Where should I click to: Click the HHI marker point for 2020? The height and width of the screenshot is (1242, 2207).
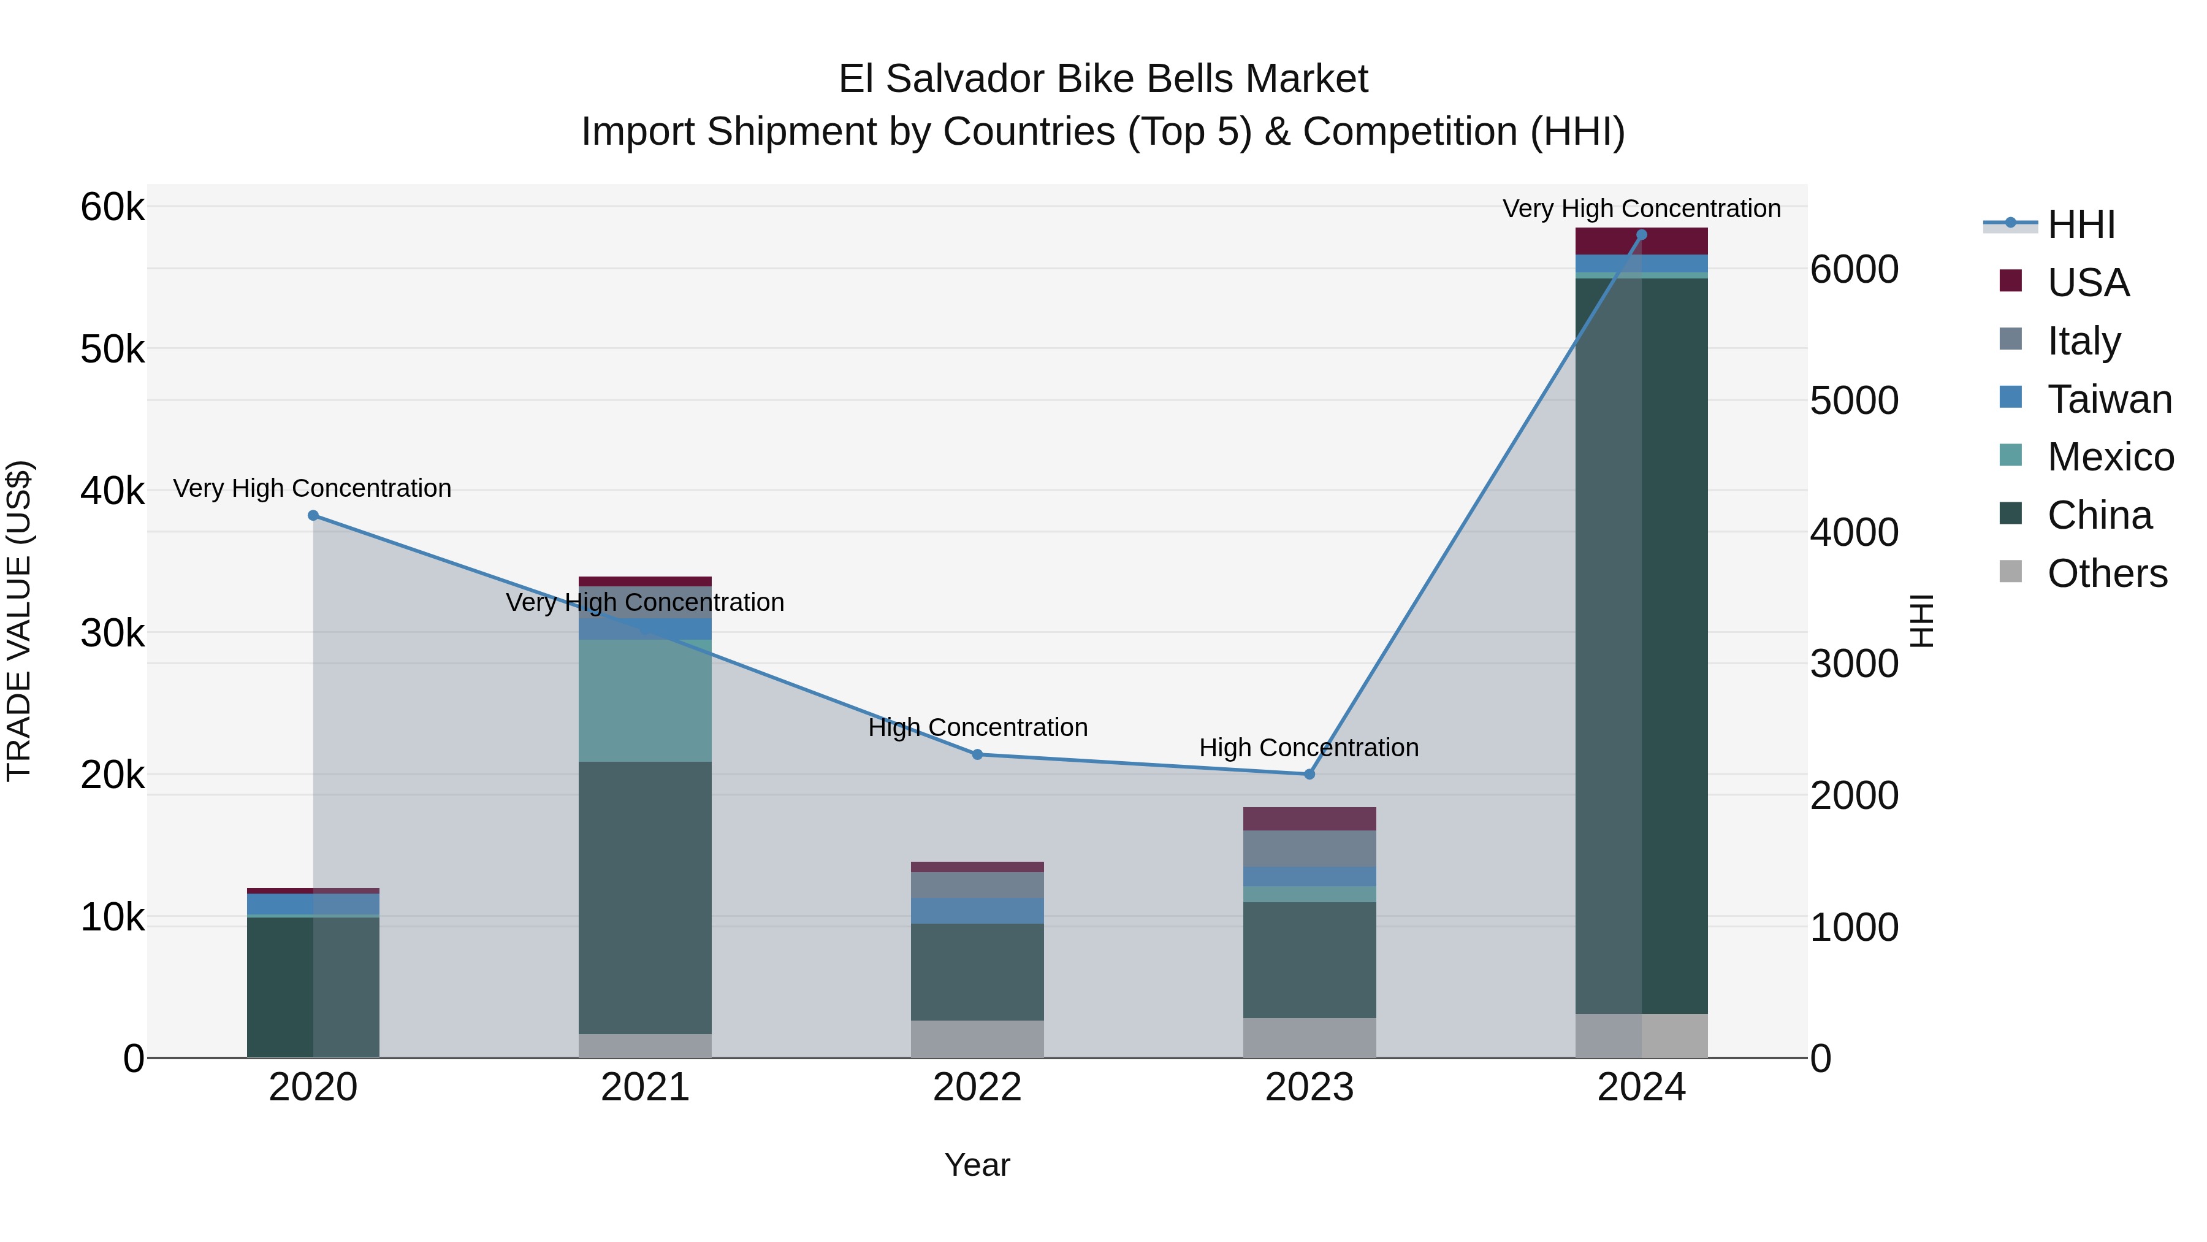pyautogui.click(x=313, y=515)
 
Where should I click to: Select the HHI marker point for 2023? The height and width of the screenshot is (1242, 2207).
pyautogui.click(x=1309, y=774)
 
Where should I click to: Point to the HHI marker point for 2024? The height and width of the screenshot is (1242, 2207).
pyautogui.click(x=1642, y=235)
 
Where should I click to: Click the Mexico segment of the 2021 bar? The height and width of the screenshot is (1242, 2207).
pyautogui.click(x=645, y=700)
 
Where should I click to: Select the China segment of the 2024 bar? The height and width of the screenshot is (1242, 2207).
pyautogui.click(x=1642, y=643)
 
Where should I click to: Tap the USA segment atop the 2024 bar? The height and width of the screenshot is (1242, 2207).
pyautogui.click(x=1642, y=241)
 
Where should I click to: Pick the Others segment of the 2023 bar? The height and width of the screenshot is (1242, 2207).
pyautogui.click(x=1309, y=1037)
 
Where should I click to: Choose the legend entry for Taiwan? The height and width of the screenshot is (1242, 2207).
pyautogui.click(x=2108, y=399)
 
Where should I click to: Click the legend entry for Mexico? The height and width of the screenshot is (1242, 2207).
pyautogui.click(x=2110, y=457)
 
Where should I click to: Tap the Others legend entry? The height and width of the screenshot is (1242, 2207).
pyautogui.click(x=2106, y=573)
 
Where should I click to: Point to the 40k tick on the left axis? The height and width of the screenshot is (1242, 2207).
pyautogui.click(x=112, y=491)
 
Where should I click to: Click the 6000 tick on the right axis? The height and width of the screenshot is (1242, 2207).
pyautogui.click(x=1854, y=270)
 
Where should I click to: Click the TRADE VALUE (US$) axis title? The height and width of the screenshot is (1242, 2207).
pyautogui.click(x=20, y=621)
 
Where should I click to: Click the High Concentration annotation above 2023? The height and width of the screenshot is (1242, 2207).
pyautogui.click(x=1308, y=748)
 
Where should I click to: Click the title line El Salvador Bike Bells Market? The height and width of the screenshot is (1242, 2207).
pyautogui.click(x=1103, y=79)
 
